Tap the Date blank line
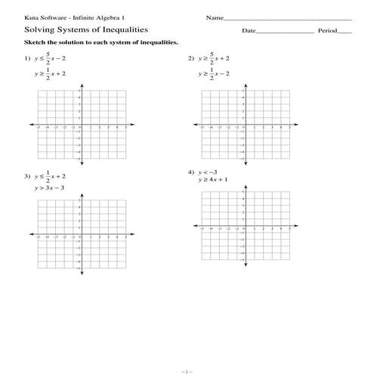(x=285, y=32)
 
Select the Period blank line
(x=344, y=32)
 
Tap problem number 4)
(x=190, y=172)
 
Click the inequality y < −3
(x=208, y=172)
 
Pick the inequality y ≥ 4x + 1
(x=214, y=181)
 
